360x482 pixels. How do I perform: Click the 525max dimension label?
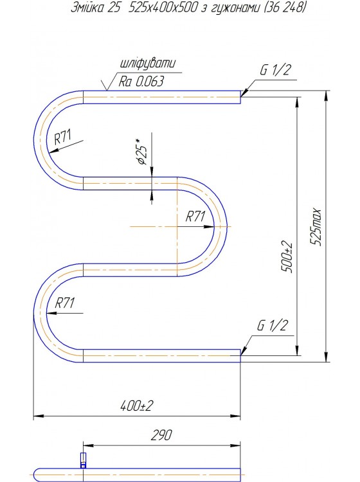pos(316,227)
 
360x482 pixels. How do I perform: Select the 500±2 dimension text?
pos(287,257)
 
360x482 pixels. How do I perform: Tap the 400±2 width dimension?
pos(136,406)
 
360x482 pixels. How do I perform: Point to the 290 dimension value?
pos(161,434)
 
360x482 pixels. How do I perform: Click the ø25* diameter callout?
pos(141,152)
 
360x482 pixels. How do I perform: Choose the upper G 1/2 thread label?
pos(275,70)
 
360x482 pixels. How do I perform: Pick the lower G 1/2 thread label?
pos(273,325)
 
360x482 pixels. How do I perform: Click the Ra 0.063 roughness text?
pos(141,82)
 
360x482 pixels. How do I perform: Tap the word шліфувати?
pos(148,64)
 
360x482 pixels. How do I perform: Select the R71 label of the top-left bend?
pos(63,137)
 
